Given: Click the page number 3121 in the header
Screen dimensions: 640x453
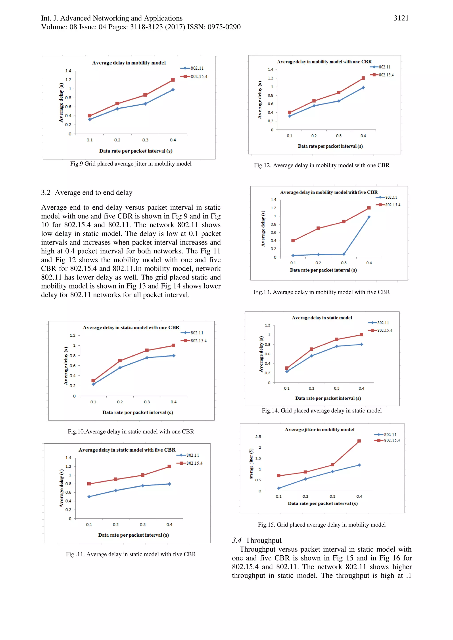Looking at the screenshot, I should click(x=401, y=18).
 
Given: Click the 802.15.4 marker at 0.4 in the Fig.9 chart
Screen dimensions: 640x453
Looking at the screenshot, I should click(x=173, y=80).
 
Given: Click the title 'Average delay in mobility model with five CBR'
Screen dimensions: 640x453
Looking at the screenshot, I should click(x=328, y=192).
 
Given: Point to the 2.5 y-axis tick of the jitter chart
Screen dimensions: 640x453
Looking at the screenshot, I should click(x=258, y=437).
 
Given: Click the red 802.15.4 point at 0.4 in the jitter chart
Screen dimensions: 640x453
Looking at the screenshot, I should click(x=359, y=441).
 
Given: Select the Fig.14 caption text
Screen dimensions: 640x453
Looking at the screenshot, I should click(x=322, y=411).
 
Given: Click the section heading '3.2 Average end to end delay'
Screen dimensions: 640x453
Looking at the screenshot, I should click(x=86, y=193).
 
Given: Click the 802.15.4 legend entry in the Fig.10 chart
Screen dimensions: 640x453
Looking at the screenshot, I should click(x=194, y=341).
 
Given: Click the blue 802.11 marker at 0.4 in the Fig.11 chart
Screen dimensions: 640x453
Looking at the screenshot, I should click(x=169, y=484).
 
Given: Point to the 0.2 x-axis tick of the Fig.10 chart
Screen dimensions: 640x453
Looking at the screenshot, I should click(x=120, y=402).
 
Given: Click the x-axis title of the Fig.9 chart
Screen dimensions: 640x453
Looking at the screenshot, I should click(x=136, y=151).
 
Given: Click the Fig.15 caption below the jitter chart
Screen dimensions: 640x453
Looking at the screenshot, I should click(x=322, y=525).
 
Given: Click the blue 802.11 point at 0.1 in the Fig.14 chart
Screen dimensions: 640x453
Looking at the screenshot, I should click(x=287, y=372).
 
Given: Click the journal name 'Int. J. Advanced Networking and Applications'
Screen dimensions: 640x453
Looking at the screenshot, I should click(x=112, y=18).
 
